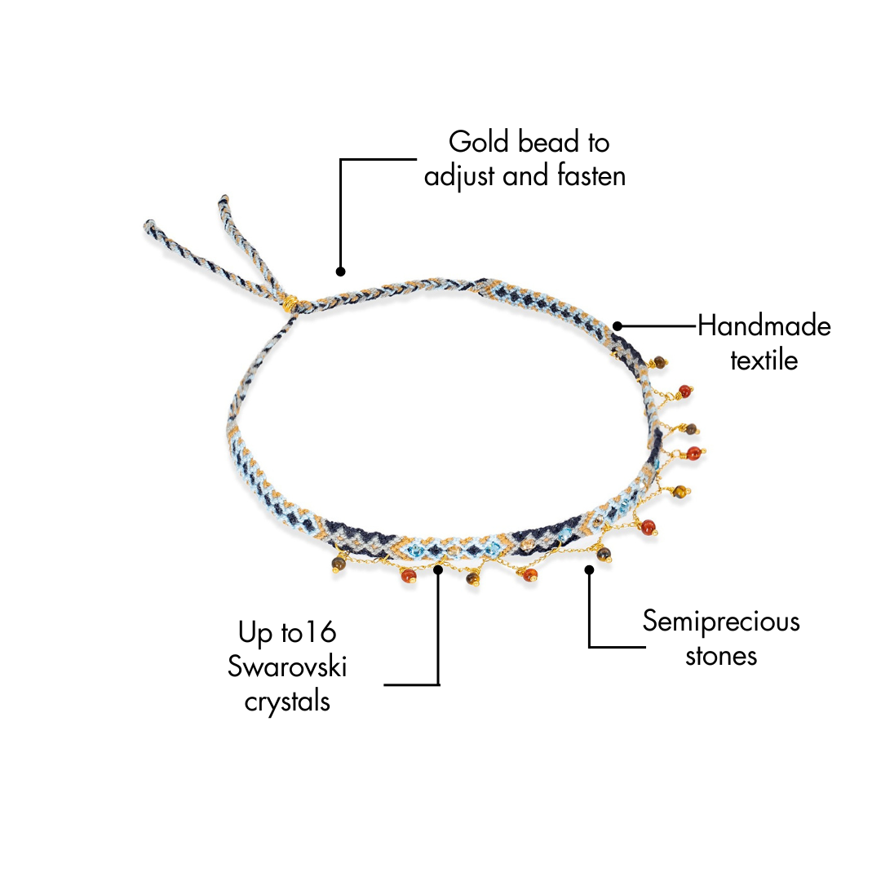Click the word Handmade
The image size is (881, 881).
click(764, 327)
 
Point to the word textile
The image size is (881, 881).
click(764, 360)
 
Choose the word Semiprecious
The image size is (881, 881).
click(721, 622)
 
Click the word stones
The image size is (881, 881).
click(721, 656)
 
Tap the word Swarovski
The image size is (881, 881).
click(287, 667)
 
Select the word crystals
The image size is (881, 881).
click(287, 702)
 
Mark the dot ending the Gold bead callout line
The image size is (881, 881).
click(340, 272)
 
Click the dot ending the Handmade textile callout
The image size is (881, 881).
click(618, 326)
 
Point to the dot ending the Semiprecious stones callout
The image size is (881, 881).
click(589, 569)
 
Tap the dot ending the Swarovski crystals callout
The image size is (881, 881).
click(439, 569)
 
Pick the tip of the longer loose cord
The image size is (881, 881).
click(148, 224)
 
